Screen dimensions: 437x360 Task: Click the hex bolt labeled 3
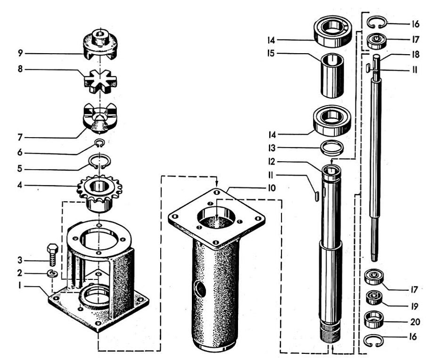(x=53, y=255)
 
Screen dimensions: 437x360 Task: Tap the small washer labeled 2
(x=52, y=274)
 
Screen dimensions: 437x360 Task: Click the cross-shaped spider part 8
(x=100, y=82)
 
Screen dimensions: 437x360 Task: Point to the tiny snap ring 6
(x=100, y=144)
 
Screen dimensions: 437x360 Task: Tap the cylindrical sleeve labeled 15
(x=332, y=75)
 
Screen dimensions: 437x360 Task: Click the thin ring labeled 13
(x=331, y=147)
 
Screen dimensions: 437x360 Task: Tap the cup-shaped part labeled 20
(x=374, y=319)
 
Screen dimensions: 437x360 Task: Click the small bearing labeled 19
(x=374, y=297)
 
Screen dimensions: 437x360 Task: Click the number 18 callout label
(x=415, y=54)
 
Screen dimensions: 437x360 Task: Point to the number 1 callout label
(x=20, y=286)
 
